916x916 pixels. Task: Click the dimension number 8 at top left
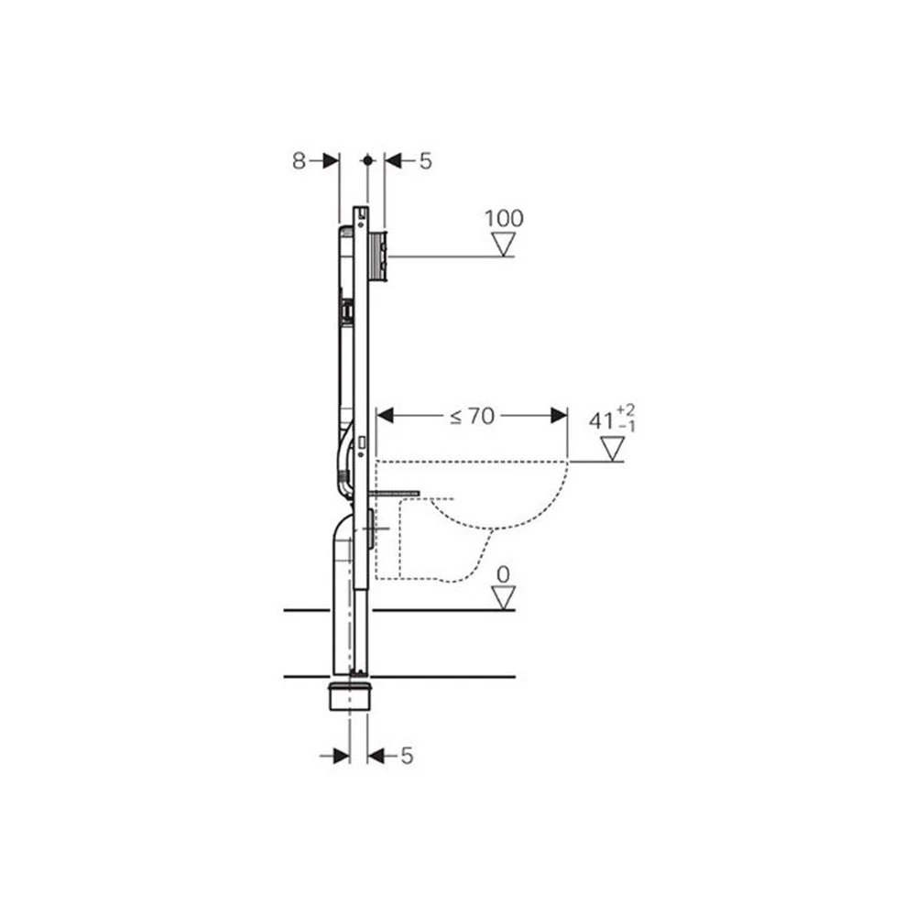(x=299, y=160)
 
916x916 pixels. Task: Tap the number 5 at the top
(x=425, y=160)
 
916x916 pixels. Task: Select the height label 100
(x=504, y=219)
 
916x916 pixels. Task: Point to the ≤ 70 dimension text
(x=472, y=416)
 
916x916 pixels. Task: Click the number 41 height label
(x=601, y=420)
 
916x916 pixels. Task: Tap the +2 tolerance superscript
(x=626, y=409)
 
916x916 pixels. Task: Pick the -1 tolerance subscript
(x=627, y=427)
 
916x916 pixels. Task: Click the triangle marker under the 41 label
(x=612, y=449)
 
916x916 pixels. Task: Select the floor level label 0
(x=503, y=575)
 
